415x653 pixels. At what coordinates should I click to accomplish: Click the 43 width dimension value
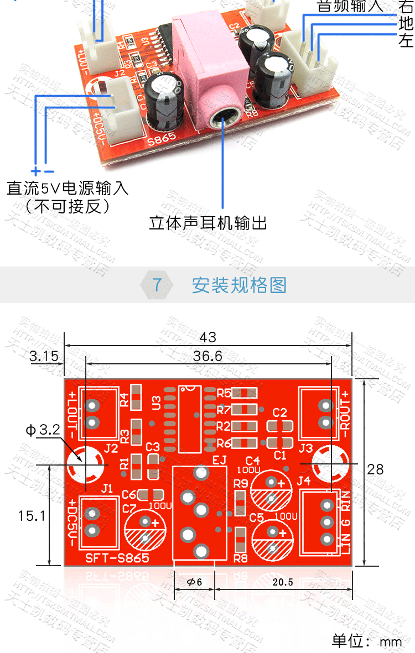[208, 337]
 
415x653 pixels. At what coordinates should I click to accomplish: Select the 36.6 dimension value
[208, 357]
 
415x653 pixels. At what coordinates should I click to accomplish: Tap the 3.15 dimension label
[44, 357]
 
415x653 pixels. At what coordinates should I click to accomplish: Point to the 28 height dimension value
[375, 469]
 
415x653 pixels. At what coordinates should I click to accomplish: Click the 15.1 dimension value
[31, 516]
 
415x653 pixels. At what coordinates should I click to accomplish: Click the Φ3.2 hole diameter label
[41, 430]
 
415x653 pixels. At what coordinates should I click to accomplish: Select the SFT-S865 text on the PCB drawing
[117, 558]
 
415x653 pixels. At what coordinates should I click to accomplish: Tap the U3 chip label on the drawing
[157, 402]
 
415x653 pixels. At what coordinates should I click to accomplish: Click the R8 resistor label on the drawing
[240, 558]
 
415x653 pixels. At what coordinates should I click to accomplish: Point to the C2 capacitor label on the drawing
[280, 412]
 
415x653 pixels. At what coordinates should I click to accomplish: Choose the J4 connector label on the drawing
[304, 481]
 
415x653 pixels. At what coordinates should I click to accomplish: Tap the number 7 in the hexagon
[157, 285]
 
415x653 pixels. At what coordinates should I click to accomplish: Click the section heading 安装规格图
[239, 285]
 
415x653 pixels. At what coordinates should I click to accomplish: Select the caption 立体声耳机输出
[208, 223]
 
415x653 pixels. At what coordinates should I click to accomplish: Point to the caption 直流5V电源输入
[68, 188]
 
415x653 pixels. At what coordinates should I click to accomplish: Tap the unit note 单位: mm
[367, 641]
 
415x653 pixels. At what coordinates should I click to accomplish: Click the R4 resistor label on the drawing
[124, 399]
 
